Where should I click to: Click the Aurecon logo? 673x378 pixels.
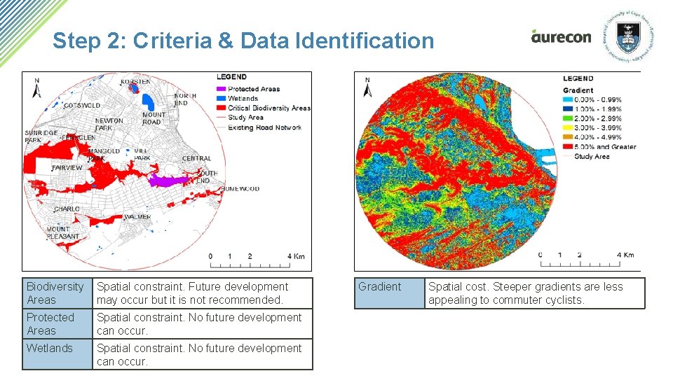561,36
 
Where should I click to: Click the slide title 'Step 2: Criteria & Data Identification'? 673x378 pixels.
243,41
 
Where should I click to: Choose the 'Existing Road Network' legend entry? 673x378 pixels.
264,127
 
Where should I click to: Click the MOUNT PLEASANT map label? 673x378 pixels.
62,233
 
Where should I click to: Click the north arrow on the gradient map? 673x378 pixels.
367,89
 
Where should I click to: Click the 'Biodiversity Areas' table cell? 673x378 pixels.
57,293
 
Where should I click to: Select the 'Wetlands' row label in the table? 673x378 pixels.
50,348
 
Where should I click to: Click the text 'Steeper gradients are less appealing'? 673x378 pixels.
525,293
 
